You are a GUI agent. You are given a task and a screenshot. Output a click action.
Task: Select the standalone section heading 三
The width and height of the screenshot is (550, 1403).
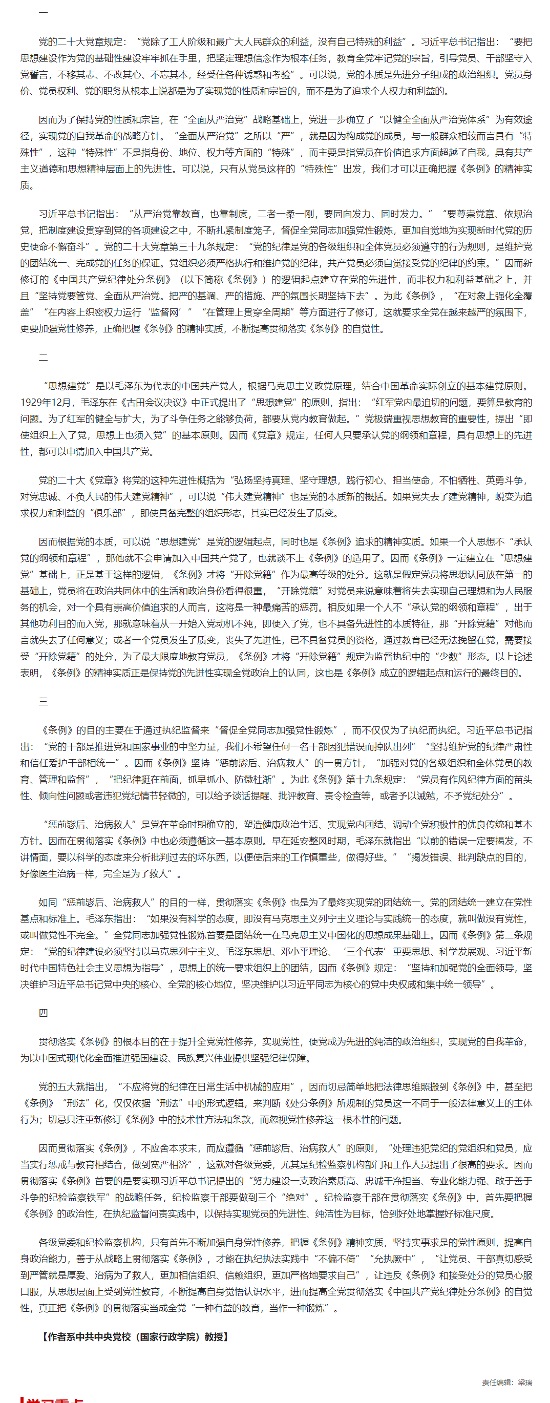click(x=43, y=702)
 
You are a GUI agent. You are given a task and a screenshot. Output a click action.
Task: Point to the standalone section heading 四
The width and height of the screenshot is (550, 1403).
click(x=43, y=1013)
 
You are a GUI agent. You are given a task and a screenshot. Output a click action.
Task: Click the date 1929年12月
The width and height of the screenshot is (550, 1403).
click(x=46, y=403)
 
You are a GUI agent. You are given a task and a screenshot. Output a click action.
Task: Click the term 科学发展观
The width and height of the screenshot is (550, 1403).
click(x=463, y=952)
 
